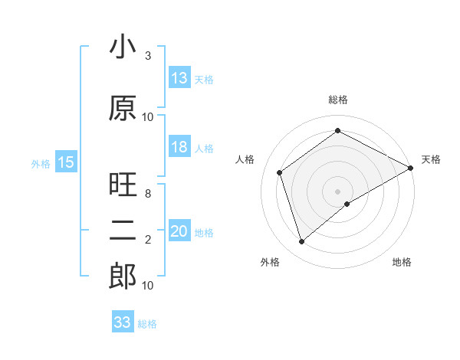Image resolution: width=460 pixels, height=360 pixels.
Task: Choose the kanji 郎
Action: pos(123,277)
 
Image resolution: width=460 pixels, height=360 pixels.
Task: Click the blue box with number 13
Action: pos(179,77)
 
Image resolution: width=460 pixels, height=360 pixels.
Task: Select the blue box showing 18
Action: pos(179,148)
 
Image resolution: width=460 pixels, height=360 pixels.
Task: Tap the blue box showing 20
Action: pos(179,232)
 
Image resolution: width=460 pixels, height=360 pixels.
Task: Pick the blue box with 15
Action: pos(66,162)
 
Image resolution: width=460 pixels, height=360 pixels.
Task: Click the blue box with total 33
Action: pos(123,322)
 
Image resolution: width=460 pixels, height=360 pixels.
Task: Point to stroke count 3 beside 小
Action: pos(148,56)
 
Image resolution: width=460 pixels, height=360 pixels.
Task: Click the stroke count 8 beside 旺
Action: pos(148,194)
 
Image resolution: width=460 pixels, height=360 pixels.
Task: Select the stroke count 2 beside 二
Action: pos(148,240)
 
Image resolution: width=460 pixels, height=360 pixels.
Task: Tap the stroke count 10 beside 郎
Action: pos(148,285)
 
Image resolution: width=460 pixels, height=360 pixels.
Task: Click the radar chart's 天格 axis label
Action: pos(431,159)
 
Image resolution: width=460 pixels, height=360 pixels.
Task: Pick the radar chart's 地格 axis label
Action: pos(402,263)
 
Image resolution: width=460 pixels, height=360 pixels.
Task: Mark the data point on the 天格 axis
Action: pos(411,167)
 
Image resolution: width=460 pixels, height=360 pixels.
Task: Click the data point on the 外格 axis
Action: pos(301,242)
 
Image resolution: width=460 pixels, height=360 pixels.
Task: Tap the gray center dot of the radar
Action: pos(337,191)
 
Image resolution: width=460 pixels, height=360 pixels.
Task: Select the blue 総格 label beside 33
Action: pos(147,324)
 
